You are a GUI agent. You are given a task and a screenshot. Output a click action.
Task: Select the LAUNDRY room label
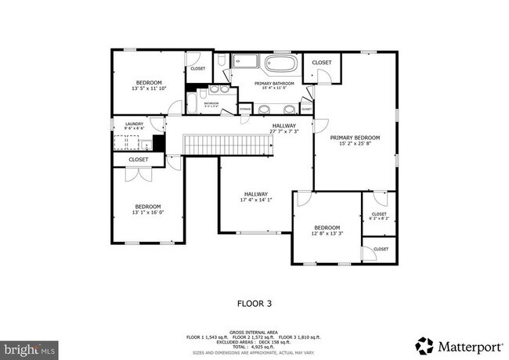pyautogui.click(x=134, y=124)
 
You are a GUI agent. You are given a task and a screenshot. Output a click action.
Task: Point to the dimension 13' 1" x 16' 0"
pyautogui.click(x=147, y=212)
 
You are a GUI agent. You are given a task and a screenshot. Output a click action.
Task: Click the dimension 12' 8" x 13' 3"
pyautogui.click(x=327, y=232)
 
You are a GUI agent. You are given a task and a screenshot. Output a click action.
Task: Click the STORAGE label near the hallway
pyautogui.click(x=245, y=109)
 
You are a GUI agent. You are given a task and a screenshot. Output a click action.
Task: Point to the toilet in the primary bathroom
pyautogui.click(x=222, y=60)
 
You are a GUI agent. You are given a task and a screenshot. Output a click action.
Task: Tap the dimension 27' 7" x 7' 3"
pyautogui.click(x=283, y=131)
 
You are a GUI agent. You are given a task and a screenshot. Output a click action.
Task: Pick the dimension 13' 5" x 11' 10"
pyautogui.click(x=149, y=89)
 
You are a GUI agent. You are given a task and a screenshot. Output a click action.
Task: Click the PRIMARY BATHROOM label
pyautogui.click(x=274, y=83)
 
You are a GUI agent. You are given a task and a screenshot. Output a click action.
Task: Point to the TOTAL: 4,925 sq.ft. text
pyautogui.click(x=254, y=347)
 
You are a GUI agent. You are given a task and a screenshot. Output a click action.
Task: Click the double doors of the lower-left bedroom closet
pyautogui.click(x=138, y=175)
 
